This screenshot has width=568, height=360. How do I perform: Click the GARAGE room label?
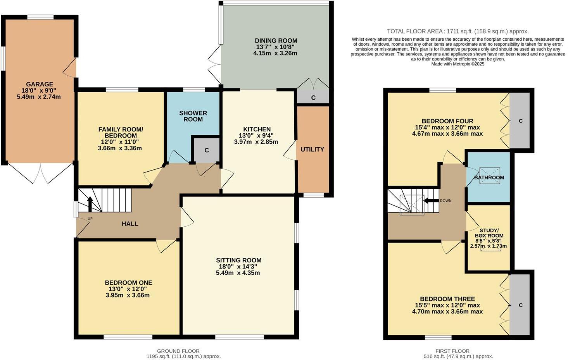tap(39, 84)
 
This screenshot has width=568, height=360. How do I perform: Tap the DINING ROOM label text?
tap(276, 41)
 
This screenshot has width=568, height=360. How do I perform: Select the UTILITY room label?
tap(312, 149)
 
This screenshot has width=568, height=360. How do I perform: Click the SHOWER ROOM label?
tap(193, 116)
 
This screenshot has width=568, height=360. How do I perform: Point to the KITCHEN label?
tap(257, 129)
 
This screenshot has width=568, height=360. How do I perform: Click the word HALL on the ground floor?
tap(130, 224)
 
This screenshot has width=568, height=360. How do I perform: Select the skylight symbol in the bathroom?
tap(489, 176)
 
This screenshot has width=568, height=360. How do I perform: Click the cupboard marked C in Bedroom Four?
tap(520, 121)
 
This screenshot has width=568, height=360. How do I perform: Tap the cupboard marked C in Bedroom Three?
tap(520, 305)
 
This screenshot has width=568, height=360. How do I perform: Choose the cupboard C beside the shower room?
tap(207, 150)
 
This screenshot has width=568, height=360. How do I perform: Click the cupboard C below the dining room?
tap(313, 98)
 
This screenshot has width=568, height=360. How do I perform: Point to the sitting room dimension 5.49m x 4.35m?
tap(238, 273)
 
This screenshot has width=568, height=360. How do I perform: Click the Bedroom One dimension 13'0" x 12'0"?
tap(128, 289)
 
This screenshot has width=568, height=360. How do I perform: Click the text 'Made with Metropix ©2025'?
tap(458, 64)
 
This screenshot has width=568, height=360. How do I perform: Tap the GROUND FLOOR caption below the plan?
tap(178, 351)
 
